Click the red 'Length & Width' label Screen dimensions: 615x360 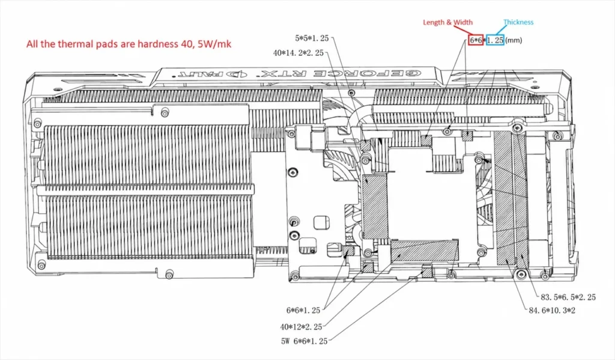click(x=447, y=22)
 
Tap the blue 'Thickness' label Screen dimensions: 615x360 click(x=518, y=22)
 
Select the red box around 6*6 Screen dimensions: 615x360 click(x=476, y=40)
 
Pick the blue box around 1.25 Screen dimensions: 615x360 click(x=495, y=40)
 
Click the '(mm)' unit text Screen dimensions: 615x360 click(x=514, y=40)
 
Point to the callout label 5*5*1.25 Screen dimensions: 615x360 click(x=312, y=38)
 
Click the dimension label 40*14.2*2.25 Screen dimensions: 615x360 click(x=298, y=53)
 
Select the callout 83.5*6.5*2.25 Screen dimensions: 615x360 click(x=568, y=297)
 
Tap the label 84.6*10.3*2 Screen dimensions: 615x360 click(x=552, y=311)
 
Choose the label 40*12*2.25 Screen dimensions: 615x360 click(x=301, y=326)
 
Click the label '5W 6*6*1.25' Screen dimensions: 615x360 click(x=304, y=341)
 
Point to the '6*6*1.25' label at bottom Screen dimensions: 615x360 click(x=303, y=311)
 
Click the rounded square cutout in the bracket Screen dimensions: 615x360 click(x=321, y=222)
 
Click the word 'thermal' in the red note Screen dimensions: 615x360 click(x=72, y=44)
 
